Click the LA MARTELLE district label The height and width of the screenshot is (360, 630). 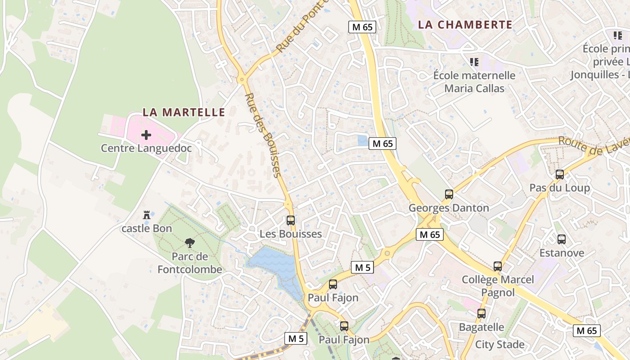tap(184, 112)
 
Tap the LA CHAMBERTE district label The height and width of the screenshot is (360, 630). tap(465, 25)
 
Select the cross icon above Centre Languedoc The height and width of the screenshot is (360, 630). tap(146, 135)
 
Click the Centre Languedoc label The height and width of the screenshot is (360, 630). tap(146, 148)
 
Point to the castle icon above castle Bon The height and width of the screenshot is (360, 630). tap(146, 215)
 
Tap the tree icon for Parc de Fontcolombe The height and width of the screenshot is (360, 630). tap(190, 243)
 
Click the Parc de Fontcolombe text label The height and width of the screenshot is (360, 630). tap(190, 263)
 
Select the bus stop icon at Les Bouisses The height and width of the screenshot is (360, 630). tap(291, 220)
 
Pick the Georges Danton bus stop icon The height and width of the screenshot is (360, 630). tap(449, 194)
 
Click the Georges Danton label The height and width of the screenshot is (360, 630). tap(449, 208)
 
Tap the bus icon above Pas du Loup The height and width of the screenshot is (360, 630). tap(560, 174)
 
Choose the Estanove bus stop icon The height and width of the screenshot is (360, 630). tap(562, 239)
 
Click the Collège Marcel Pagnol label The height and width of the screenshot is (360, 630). tap(498, 286)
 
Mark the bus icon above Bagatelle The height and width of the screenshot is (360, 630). tap(481, 314)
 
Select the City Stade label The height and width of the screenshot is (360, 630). tap(500, 345)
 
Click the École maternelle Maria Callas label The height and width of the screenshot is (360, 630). tap(474, 82)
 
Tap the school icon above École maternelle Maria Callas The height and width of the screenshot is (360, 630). tap(474, 62)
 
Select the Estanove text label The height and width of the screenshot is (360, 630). tap(562, 253)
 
